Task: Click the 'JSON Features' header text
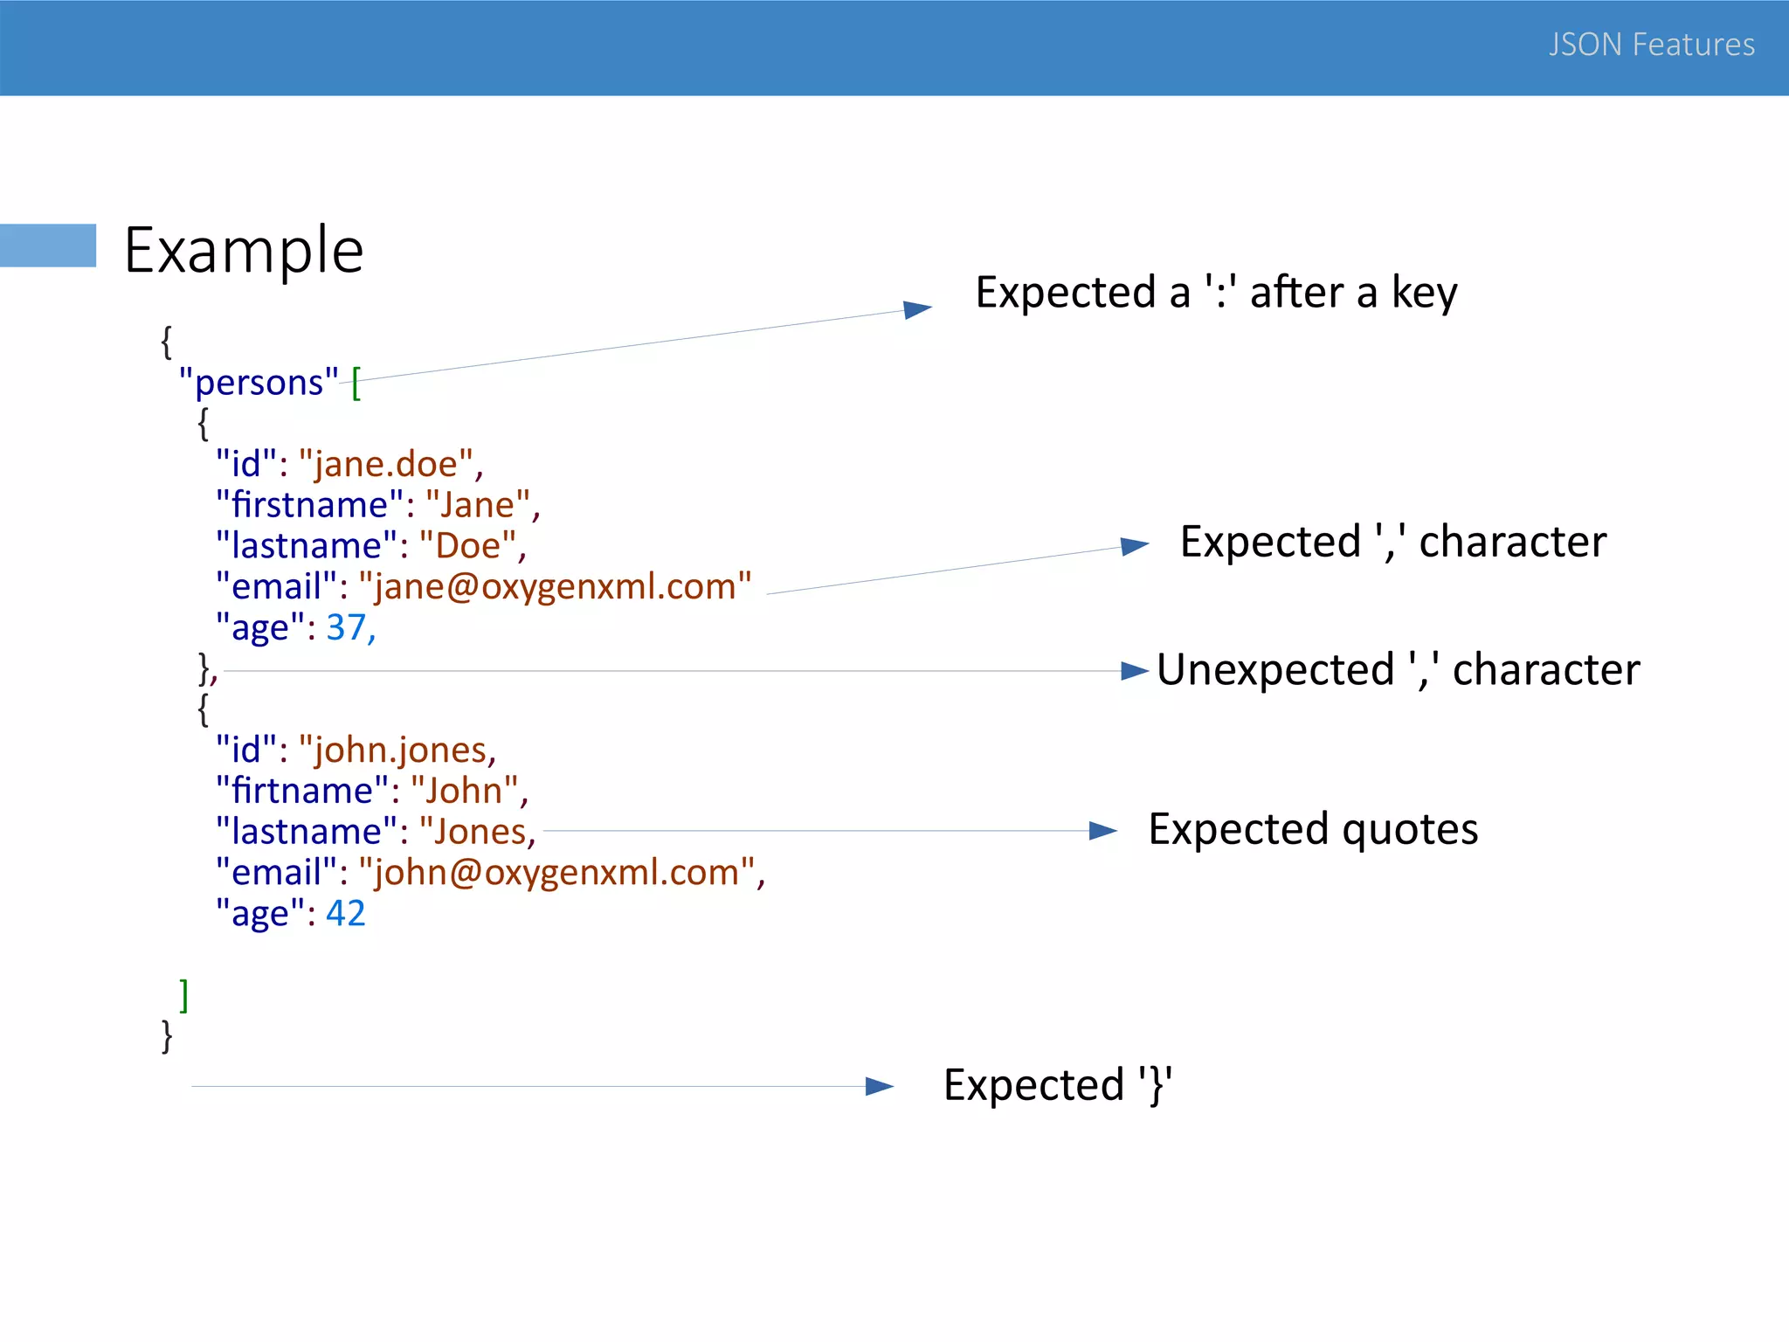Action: (1651, 45)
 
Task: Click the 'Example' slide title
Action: (244, 251)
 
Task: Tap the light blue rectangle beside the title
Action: (48, 246)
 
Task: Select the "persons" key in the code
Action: (258, 383)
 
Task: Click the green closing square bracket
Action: (183, 994)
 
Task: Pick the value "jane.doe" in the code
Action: (386, 464)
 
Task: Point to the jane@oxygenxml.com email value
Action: (555, 586)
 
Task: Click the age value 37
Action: (347, 627)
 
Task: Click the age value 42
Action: (345, 913)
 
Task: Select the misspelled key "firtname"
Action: (301, 791)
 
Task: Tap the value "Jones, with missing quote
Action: (476, 832)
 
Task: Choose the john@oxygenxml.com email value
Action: (556, 873)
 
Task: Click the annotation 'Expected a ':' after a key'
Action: (1216, 293)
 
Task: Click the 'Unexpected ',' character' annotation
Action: (1398, 670)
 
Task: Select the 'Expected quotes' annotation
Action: (1313, 829)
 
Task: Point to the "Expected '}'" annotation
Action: (1057, 1085)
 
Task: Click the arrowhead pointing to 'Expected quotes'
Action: (1102, 831)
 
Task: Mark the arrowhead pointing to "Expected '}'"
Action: (879, 1086)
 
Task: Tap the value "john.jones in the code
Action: (396, 751)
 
